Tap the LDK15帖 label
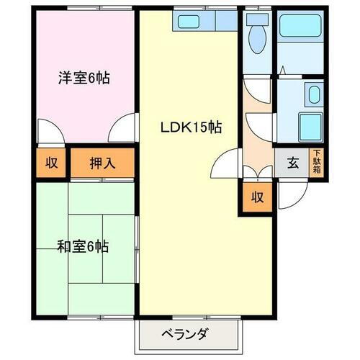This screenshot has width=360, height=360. [189, 127]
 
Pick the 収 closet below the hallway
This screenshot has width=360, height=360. [256, 197]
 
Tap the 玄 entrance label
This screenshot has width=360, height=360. [293, 162]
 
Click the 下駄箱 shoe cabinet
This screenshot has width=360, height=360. [315, 162]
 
